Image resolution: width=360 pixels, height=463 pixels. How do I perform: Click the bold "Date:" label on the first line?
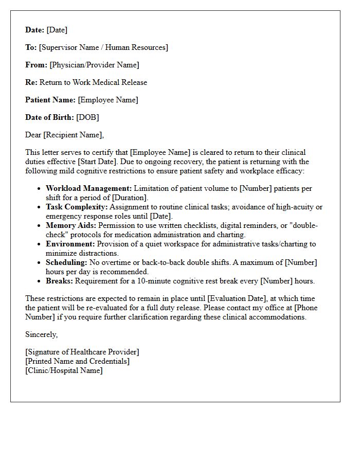click(x=34, y=30)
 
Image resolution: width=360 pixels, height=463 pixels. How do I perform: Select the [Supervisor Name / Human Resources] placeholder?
click(x=103, y=47)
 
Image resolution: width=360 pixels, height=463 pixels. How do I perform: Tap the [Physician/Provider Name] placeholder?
click(x=94, y=65)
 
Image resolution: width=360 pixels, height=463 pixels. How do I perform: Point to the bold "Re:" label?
click(x=31, y=82)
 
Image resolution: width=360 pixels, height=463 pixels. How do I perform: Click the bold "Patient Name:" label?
click(x=50, y=100)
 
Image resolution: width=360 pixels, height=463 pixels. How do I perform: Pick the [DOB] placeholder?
click(x=87, y=117)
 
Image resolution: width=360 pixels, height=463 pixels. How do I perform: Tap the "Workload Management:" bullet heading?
click(x=88, y=188)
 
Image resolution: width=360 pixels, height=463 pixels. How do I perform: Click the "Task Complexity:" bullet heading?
click(x=77, y=207)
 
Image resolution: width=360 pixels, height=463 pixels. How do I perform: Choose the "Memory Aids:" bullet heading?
click(x=71, y=225)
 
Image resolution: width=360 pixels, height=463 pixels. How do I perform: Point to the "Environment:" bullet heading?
click(x=70, y=244)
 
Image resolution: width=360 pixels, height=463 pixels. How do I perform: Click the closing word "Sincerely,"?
click(x=42, y=334)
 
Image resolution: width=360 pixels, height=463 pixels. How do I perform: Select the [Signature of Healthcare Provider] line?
click(x=82, y=352)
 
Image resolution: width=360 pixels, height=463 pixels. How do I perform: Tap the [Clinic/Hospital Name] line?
click(x=64, y=370)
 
